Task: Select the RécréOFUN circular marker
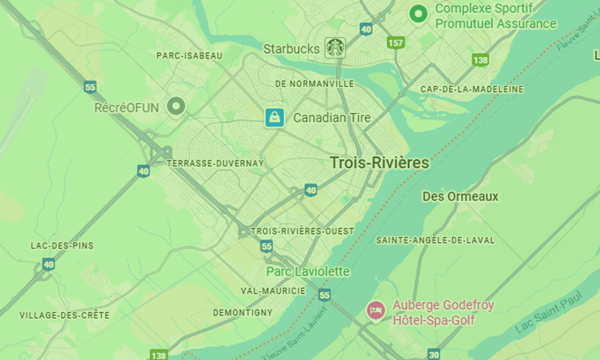[176, 107]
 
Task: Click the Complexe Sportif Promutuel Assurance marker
[418, 13]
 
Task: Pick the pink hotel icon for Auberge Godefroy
[376, 310]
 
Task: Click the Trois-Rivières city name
[379, 163]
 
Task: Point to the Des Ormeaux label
[460, 197]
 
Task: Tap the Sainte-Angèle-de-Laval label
[435, 240]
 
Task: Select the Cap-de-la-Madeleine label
[472, 89]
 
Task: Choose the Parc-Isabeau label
[189, 56]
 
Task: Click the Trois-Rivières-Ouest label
[302, 231]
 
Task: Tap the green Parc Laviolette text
[308, 272]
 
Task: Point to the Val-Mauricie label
[273, 291]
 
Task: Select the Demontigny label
[242, 313]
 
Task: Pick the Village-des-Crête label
[64, 315]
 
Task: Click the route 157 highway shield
[395, 43]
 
